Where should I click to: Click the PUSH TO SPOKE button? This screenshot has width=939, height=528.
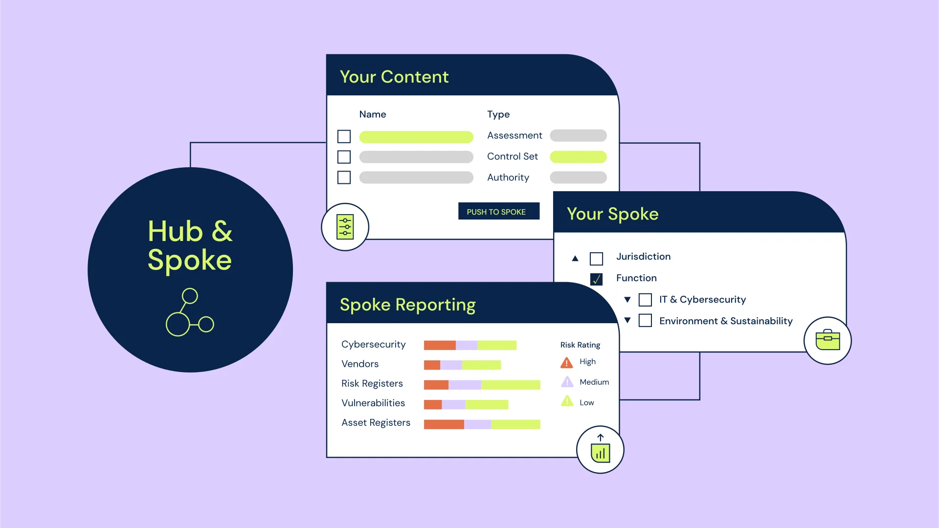tap(499, 211)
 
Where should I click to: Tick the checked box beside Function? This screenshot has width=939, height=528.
tap(596, 279)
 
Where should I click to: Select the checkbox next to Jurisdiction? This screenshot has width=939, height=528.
tap(596, 258)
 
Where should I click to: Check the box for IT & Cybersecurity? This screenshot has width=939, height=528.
tap(645, 300)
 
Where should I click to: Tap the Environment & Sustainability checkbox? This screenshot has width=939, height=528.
tap(645, 321)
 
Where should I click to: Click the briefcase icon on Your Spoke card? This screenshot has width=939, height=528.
tap(827, 340)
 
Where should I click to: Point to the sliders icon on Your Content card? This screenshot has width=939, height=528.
tap(345, 227)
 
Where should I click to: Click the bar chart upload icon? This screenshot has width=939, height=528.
tap(601, 449)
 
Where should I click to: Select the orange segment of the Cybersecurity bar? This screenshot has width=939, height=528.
tap(440, 345)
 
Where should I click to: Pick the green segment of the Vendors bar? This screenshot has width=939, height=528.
tap(481, 365)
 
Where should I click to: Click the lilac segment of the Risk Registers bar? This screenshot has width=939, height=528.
tap(465, 385)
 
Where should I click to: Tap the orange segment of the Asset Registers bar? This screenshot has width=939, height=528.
tap(444, 424)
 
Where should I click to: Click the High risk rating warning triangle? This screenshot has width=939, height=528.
tap(567, 362)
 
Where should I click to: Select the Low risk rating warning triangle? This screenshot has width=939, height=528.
tap(567, 401)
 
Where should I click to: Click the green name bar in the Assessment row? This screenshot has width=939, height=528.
tap(416, 137)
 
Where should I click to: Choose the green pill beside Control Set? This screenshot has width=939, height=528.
tap(578, 156)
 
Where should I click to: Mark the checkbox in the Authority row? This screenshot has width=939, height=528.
tap(344, 177)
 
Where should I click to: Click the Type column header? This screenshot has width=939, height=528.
tap(498, 114)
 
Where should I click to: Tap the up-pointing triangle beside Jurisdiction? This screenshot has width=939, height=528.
tap(575, 258)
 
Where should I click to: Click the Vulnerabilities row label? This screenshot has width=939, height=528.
tap(373, 403)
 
